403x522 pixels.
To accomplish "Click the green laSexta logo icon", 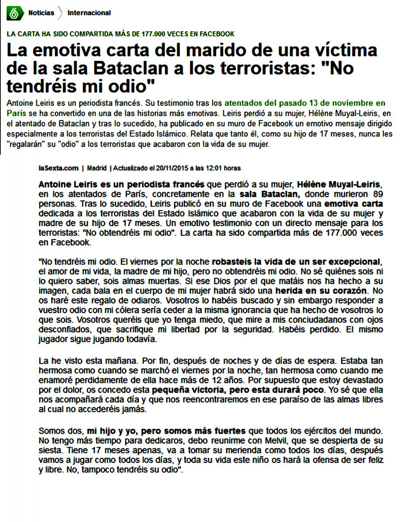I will click(14, 13).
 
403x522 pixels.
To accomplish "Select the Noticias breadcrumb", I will click(41, 13).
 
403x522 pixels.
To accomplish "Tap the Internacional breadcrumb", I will click(89, 13).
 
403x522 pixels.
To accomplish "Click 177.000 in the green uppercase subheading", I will click(156, 33).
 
